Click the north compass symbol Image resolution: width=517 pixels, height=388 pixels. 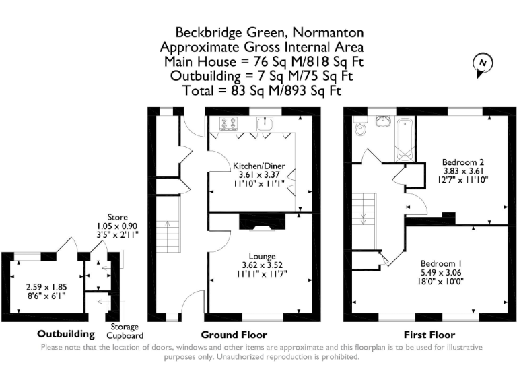(483, 65)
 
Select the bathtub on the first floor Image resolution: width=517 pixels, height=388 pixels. (404, 140)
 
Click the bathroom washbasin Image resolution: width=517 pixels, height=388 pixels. (382, 122)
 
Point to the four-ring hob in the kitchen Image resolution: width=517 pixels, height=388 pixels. (229, 124)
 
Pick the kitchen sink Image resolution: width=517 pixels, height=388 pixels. (265, 123)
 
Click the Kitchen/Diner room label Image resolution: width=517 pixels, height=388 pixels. (258, 166)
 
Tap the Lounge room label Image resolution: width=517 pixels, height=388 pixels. (262, 256)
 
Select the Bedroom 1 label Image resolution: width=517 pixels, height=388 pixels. (441, 263)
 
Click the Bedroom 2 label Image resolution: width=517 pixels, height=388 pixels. (462, 162)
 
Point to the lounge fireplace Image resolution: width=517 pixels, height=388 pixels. (262, 222)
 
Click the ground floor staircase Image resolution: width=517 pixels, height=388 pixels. (168, 224)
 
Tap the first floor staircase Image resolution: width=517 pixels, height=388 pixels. (364, 221)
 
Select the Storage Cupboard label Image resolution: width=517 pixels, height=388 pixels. (125, 331)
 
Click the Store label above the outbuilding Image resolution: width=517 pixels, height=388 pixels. (117, 217)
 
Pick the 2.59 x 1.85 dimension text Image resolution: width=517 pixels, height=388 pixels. (46, 287)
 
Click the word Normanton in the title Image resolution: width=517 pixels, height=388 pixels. (328, 32)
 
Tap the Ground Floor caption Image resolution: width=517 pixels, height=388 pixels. (234, 335)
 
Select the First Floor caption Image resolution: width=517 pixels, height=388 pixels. (429, 335)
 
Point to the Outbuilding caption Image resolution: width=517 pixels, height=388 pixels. (66, 334)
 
